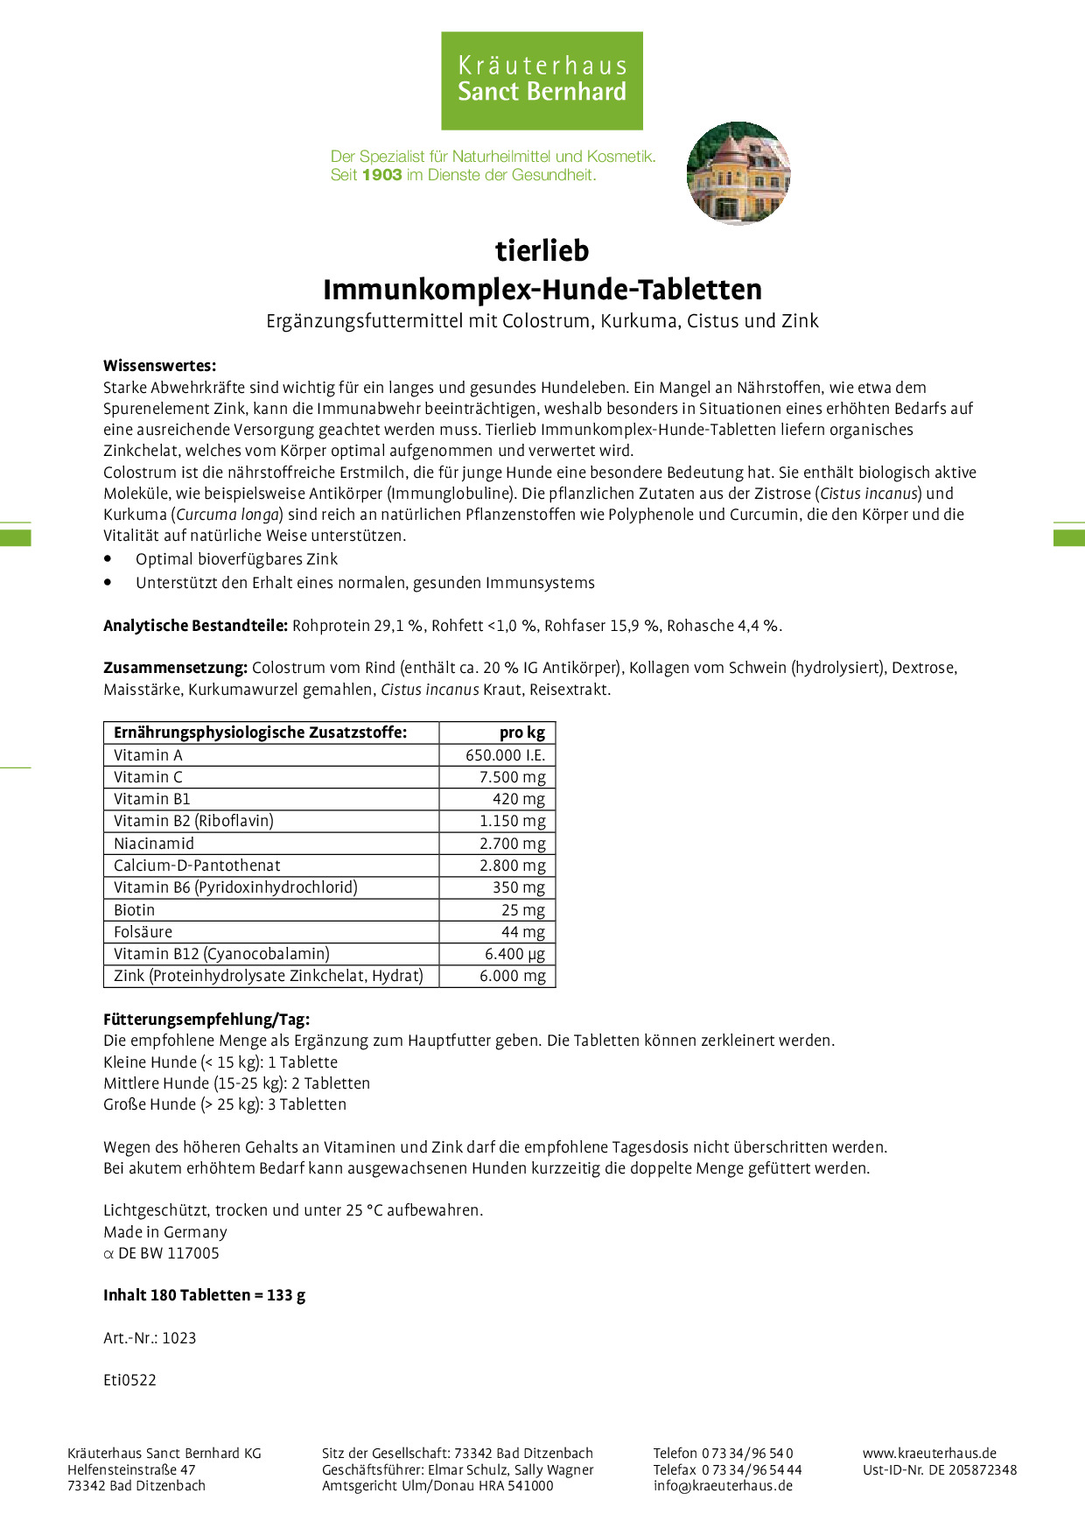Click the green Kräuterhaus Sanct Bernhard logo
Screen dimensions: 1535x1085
pyautogui.click(x=542, y=81)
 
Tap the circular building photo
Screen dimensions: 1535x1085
pyautogui.click(x=738, y=173)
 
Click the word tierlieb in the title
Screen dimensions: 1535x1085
pyautogui.click(x=542, y=250)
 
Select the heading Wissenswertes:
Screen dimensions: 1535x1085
pyautogui.click(x=159, y=366)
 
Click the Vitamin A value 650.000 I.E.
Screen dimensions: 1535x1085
pyautogui.click(x=505, y=755)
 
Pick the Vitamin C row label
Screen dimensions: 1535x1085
pyautogui.click(x=148, y=777)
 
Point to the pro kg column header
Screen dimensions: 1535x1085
pyautogui.click(x=521, y=732)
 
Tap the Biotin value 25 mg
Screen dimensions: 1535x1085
pyautogui.click(x=522, y=910)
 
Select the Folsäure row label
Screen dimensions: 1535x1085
pyautogui.click(x=143, y=932)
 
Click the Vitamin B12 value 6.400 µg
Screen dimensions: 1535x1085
pyautogui.click(x=514, y=954)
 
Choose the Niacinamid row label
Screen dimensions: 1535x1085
pyautogui.click(x=154, y=844)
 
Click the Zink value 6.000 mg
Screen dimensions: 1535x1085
pyautogui.click(x=512, y=976)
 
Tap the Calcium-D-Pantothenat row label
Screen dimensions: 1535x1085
pyautogui.click(x=197, y=866)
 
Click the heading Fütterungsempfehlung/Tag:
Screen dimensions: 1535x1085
pyautogui.click(x=206, y=1020)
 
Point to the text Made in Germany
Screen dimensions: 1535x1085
pyautogui.click(x=165, y=1232)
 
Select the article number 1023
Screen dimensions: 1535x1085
pyautogui.click(x=178, y=1338)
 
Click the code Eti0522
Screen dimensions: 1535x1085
pyautogui.click(x=129, y=1380)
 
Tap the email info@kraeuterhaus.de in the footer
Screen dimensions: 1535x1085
pyautogui.click(x=723, y=1485)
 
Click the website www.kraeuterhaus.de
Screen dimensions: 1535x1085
pyautogui.click(x=929, y=1454)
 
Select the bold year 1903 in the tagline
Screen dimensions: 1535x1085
pyautogui.click(x=381, y=175)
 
